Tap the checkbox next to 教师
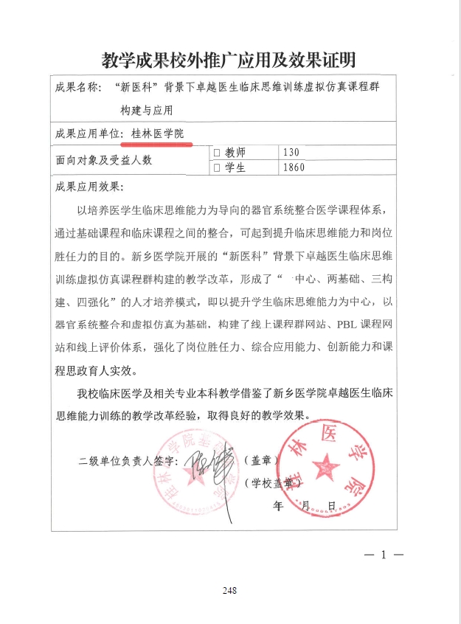click(x=217, y=153)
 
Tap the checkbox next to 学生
click(x=217, y=167)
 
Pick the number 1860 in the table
click(x=295, y=167)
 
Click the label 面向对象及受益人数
click(x=103, y=159)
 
